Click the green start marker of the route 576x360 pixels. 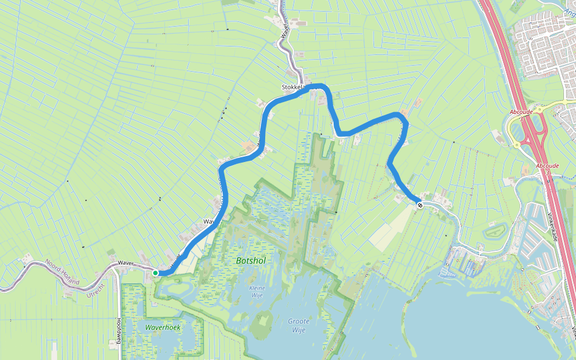click(x=155, y=273)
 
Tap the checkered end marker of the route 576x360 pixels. click(x=420, y=205)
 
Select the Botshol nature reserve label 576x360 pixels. click(x=251, y=261)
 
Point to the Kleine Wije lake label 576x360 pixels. click(x=257, y=291)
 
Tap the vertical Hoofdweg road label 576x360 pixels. click(x=119, y=331)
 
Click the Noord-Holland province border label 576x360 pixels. click(x=62, y=269)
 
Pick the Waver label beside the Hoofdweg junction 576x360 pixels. click(x=125, y=263)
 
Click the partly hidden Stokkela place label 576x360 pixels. click(x=295, y=88)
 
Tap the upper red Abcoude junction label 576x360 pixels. click(x=520, y=112)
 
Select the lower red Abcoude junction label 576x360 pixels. click(x=547, y=166)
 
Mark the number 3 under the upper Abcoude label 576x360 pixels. click(x=520, y=119)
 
